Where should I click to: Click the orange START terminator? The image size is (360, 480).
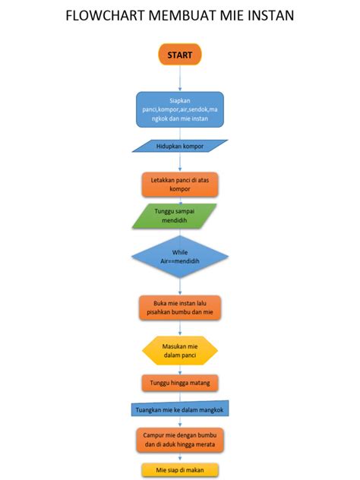click(x=180, y=55)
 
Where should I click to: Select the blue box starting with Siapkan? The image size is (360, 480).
click(x=180, y=109)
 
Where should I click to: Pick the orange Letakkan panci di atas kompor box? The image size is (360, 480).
click(x=180, y=184)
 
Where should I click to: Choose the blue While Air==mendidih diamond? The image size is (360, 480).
click(x=180, y=256)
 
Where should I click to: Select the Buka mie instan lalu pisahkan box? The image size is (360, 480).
click(x=180, y=308)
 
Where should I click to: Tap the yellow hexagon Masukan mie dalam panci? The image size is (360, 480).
click(x=180, y=350)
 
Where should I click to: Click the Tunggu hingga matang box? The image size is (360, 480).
click(x=180, y=382)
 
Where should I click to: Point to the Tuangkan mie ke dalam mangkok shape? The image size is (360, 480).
click(x=180, y=409)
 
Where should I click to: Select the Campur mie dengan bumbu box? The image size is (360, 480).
click(x=180, y=439)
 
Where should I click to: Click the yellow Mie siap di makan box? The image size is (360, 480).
click(x=180, y=469)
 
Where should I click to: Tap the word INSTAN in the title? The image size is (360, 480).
click(x=270, y=16)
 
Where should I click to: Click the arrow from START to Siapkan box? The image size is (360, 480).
click(x=180, y=78)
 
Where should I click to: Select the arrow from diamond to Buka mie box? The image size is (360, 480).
click(x=180, y=287)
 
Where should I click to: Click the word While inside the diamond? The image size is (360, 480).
click(x=180, y=251)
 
